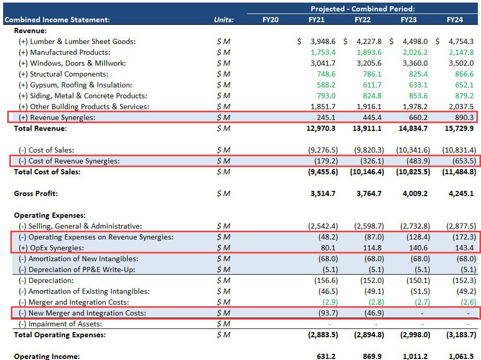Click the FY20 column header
click(x=270, y=20)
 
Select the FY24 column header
click(x=455, y=20)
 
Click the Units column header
click(x=224, y=20)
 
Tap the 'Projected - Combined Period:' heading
click(x=362, y=9)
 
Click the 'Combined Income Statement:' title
click(x=57, y=20)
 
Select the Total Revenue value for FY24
click(x=460, y=128)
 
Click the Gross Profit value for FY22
click(x=369, y=193)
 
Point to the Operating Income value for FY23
click(x=415, y=356)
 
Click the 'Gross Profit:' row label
click(x=36, y=193)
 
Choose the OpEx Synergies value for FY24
click(x=463, y=248)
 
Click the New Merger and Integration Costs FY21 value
click(x=326, y=313)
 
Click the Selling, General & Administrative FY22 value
click(x=369, y=226)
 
